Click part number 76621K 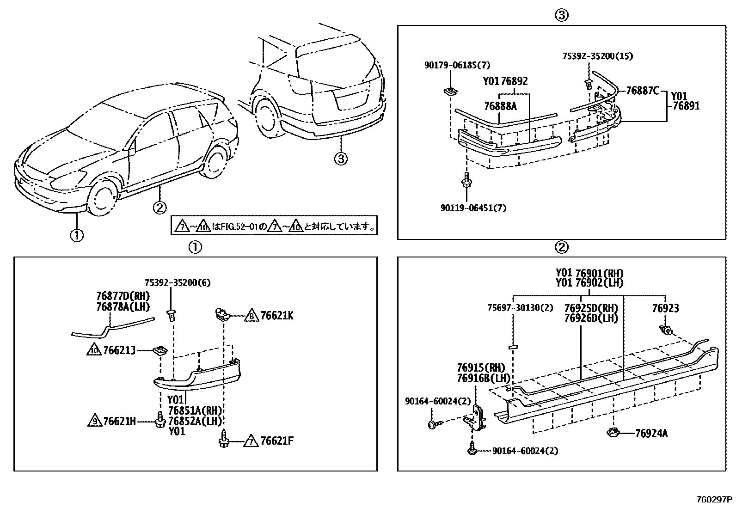[x=276, y=316]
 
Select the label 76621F [x=276, y=441]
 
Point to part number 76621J [x=119, y=351]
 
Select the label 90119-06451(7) [x=473, y=208]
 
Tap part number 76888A [x=500, y=106]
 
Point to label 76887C [x=642, y=91]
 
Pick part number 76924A [x=651, y=434]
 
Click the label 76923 [x=665, y=308]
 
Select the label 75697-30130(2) [x=520, y=308]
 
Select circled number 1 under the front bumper [x=77, y=235]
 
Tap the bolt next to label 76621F [x=225, y=439]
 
